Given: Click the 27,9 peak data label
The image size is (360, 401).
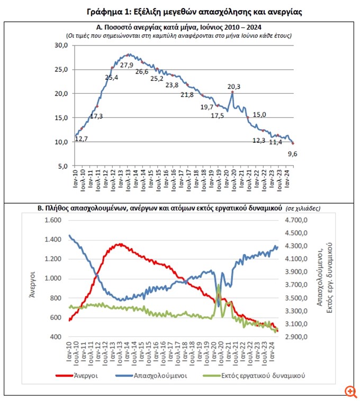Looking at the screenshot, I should [127, 65].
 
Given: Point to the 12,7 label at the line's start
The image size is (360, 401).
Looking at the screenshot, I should [82, 139].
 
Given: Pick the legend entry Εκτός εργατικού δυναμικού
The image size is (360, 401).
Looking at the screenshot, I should [264, 376].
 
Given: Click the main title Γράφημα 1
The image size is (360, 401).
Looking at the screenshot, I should [179, 11].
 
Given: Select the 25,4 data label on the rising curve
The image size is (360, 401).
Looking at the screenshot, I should [112, 77].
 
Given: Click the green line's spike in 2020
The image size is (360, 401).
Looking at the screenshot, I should [219, 285].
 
